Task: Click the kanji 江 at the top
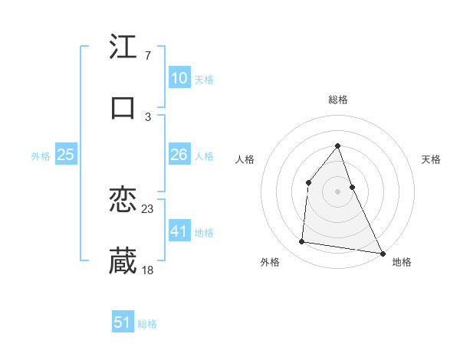123,47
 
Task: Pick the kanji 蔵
123,261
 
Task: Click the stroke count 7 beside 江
147,55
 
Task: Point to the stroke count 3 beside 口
147,116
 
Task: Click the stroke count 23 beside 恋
148,208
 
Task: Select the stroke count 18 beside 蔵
148,270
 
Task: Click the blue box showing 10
179,78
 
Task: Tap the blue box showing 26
179,155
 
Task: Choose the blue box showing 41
179,231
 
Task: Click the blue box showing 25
65,155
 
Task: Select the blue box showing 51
123,322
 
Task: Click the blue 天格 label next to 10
204,80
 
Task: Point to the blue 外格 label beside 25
41,156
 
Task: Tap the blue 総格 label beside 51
147,324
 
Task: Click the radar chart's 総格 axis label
337,100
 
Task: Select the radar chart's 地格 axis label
402,262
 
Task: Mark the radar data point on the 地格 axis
382,253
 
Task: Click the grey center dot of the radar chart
337,191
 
